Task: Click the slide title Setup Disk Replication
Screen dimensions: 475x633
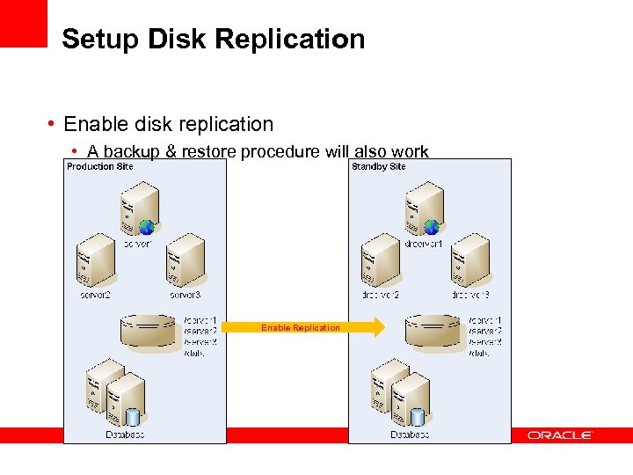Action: [x=213, y=40]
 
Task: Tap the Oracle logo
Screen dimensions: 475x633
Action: [x=560, y=435]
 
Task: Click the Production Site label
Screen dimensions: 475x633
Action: [x=100, y=166]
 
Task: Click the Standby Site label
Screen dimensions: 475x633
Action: [x=379, y=166]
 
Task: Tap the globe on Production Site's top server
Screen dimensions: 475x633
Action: [x=147, y=227]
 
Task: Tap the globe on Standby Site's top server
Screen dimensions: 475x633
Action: [x=431, y=227]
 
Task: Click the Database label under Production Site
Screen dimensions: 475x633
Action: [x=125, y=435]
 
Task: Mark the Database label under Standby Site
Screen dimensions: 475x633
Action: [x=410, y=435]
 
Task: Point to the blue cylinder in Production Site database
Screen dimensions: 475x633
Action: [x=133, y=416]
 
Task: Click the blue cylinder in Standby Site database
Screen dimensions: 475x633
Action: [x=417, y=416]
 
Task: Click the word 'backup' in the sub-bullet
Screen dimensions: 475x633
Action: [x=130, y=151]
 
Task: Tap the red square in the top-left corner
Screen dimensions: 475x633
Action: [x=23, y=23]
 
